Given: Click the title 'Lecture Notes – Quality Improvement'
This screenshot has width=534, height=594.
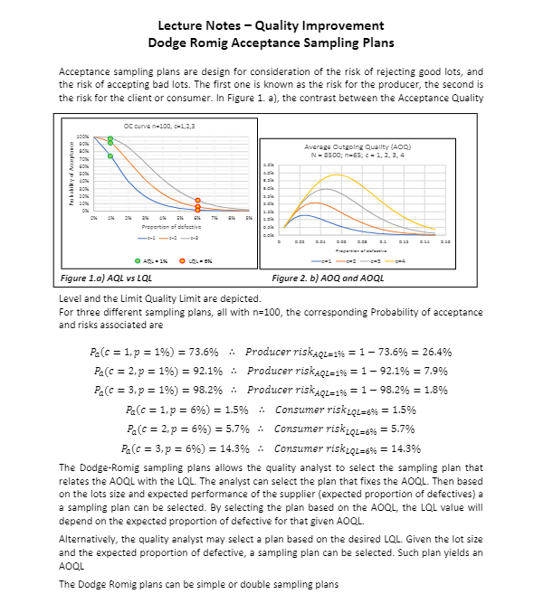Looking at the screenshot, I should [x=266, y=24].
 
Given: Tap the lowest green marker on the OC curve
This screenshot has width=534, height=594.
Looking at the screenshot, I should [x=110, y=156].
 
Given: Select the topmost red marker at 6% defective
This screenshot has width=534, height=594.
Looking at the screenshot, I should [x=197, y=201].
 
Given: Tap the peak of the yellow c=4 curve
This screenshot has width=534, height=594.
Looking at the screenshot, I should [x=337, y=174].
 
